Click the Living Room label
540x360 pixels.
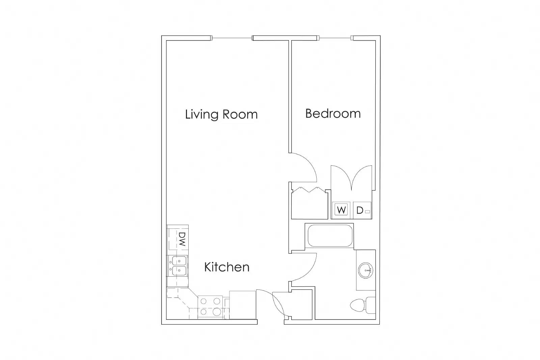pos(221,114)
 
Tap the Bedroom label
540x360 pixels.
pos(333,113)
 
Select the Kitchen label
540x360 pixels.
pos(226,267)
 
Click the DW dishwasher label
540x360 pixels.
pos(182,239)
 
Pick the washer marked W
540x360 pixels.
pos(341,210)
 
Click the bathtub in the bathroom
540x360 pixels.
pos(330,236)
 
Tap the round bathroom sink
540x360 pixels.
pos(366,270)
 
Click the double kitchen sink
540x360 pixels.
pos(179,266)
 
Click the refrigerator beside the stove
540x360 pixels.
pos(242,305)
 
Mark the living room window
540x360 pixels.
pos(232,38)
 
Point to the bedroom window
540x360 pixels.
pos(335,38)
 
